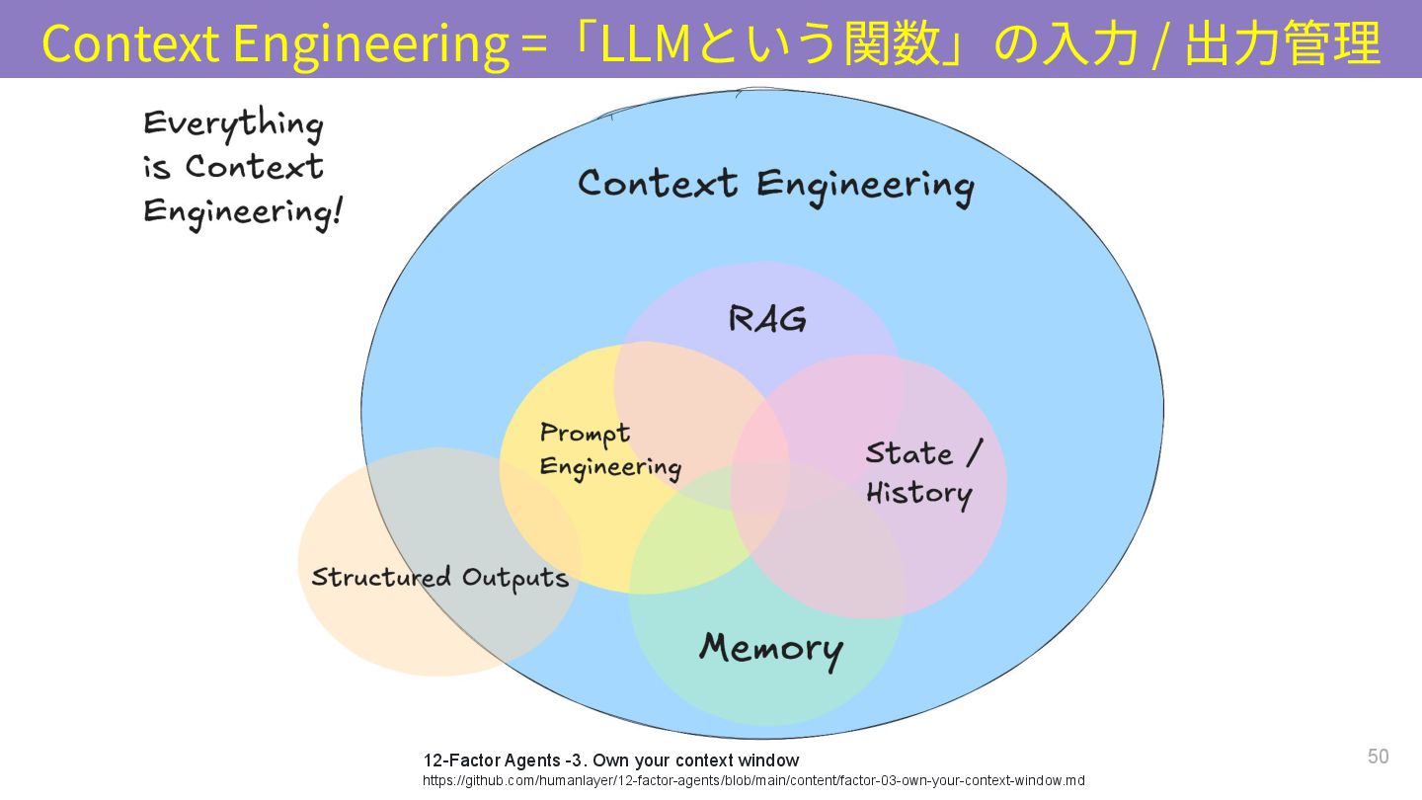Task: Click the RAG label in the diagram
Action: (767, 319)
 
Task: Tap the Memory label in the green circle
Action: (770, 649)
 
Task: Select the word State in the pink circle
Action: (908, 453)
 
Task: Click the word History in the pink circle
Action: (918, 493)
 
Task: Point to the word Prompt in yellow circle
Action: (585, 434)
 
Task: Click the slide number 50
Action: (1378, 757)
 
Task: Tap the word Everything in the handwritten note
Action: (233, 124)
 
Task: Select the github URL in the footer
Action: (753, 780)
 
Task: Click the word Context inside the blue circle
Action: (657, 184)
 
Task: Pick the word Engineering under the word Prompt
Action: (610, 467)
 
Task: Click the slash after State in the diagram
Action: (974, 453)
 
